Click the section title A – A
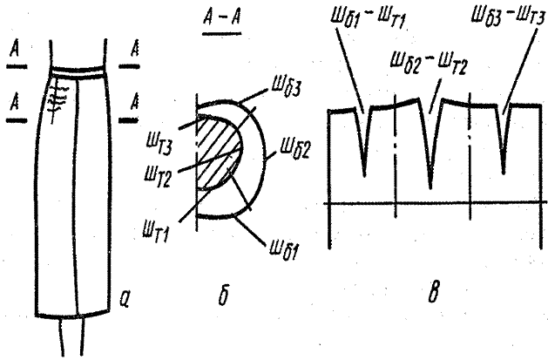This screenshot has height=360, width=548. point(221,18)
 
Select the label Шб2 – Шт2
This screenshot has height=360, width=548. point(429,63)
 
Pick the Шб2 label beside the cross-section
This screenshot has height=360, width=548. point(294,150)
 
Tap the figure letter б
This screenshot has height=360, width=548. point(223,295)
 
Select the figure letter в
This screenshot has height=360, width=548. point(433,295)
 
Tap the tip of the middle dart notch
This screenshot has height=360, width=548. point(430,188)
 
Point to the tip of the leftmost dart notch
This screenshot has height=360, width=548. point(365,176)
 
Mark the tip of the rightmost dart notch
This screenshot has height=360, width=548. point(504,173)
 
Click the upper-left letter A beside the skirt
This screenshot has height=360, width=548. point(14,49)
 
